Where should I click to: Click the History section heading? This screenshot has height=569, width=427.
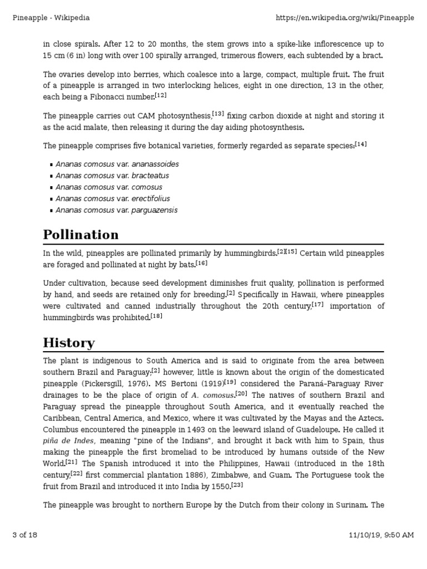(x=69, y=342)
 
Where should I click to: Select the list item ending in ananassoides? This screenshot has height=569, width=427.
(x=117, y=164)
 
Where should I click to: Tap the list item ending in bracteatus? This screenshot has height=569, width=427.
(x=112, y=176)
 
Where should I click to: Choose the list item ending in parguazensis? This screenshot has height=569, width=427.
(x=117, y=210)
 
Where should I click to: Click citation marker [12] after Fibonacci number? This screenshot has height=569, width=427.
(x=161, y=96)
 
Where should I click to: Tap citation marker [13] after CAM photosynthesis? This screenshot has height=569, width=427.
(x=218, y=114)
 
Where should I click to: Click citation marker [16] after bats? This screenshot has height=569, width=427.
(x=201, y=263)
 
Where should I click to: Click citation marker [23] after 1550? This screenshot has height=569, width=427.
(x=237, y=485)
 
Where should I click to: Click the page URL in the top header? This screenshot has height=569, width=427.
(x=345, y=18)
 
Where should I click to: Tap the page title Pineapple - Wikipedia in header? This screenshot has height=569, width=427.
(x=51, y=18)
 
